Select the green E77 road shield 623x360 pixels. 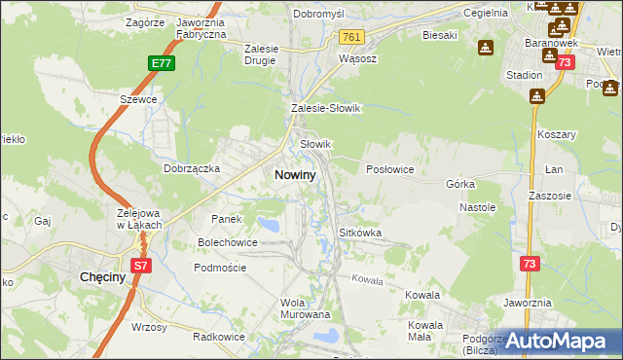tap(162, 63)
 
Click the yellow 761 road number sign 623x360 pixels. tap(352, 37)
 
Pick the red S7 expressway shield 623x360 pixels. tap(140, 265)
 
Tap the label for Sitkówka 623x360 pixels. tap(359, 234)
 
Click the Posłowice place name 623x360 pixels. tap(390, 168)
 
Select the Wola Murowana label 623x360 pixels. tap(306, 308)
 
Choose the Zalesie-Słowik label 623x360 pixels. tap(326, 109)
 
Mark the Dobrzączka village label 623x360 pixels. tap(192, 168)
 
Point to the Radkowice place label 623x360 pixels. tap(218, 337)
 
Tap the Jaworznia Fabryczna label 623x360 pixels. tap(202, 27)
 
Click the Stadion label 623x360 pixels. tap(524, 74)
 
